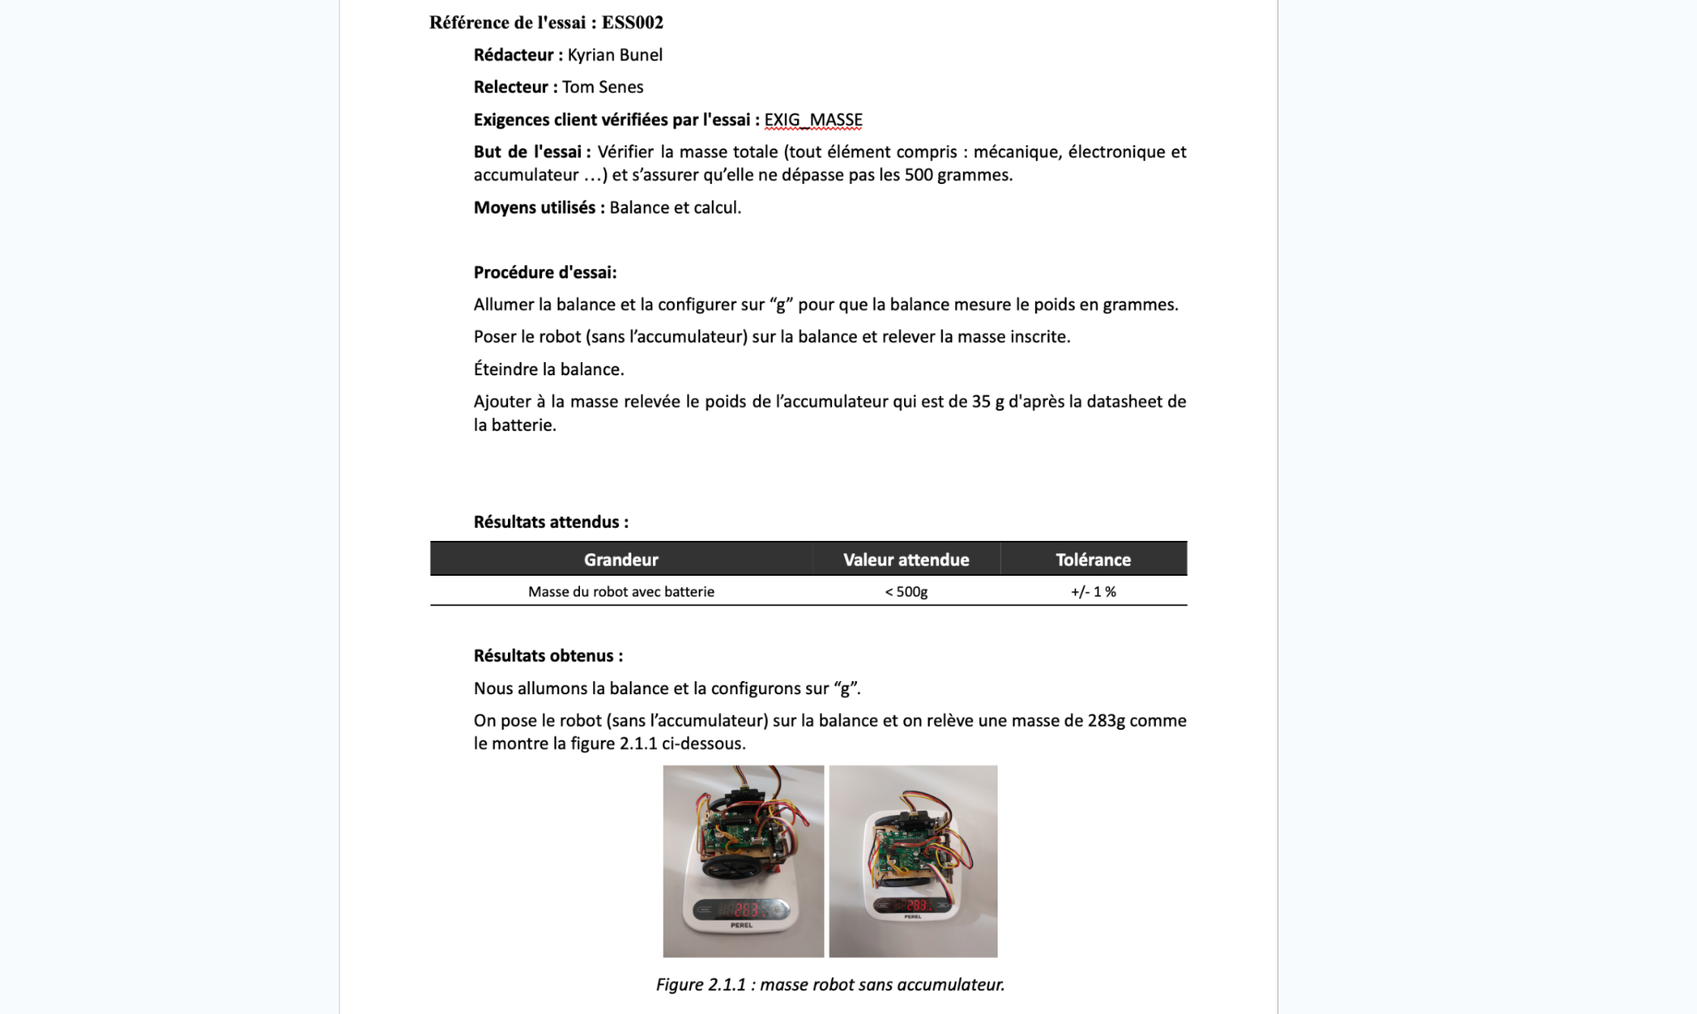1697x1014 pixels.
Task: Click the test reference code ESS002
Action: (x=632, y=22)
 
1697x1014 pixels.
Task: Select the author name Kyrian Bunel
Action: (x=615, y=55)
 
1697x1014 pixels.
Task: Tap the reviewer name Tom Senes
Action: (x=602, y=87)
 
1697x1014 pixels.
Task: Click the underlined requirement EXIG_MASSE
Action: (x=813, y=120)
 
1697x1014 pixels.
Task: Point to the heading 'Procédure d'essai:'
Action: (x=545, y=273)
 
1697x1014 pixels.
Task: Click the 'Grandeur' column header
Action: (x=621, y=560)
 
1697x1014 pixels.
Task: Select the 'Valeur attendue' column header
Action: (x=906, y=560)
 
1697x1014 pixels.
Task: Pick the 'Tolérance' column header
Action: (x=1093, y=560)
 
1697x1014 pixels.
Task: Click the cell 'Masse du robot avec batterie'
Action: (x=621, y=591)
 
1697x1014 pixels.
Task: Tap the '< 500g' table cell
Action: (x=906, y=591)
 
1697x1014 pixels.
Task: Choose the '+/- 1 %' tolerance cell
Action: (x=1093, y=591)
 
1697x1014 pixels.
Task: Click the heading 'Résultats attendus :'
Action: (x=551, y=522)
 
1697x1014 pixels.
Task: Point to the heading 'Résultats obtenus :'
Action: (x=548, y=656)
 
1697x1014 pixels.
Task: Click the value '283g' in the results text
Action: (x=1106, y=721)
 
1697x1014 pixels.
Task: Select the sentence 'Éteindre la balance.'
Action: (x=549, y=369)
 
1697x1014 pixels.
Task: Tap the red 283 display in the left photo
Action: (x=746, y=910)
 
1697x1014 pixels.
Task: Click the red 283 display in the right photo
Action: (x=916, y=905)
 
